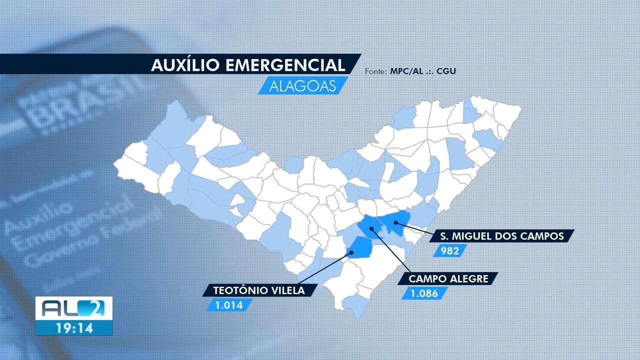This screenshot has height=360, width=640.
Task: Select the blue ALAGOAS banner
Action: (x=302, y=85)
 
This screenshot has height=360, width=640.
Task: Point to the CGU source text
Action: (x=446, y=71)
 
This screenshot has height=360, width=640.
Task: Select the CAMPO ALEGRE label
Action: (x=448, y=279)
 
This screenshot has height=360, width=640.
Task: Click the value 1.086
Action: (x=424, y=293)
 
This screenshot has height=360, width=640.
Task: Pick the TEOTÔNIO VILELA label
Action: (x=258, y=290)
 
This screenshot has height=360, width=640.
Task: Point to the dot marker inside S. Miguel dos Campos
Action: (x=395, y=221)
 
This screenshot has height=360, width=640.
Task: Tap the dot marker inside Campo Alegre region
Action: (x=371, y=228)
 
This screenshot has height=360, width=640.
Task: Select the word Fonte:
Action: (x=374, y=71)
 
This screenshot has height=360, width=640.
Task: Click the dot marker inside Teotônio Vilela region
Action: (x=351, y=252)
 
